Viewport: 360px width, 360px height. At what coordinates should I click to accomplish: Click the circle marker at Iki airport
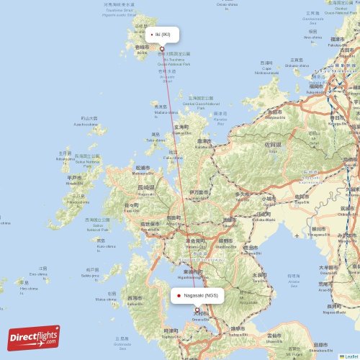[162, 50]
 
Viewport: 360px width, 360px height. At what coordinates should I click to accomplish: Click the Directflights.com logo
[34, 337]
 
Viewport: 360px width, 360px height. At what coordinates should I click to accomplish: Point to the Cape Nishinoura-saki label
[266, 70]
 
